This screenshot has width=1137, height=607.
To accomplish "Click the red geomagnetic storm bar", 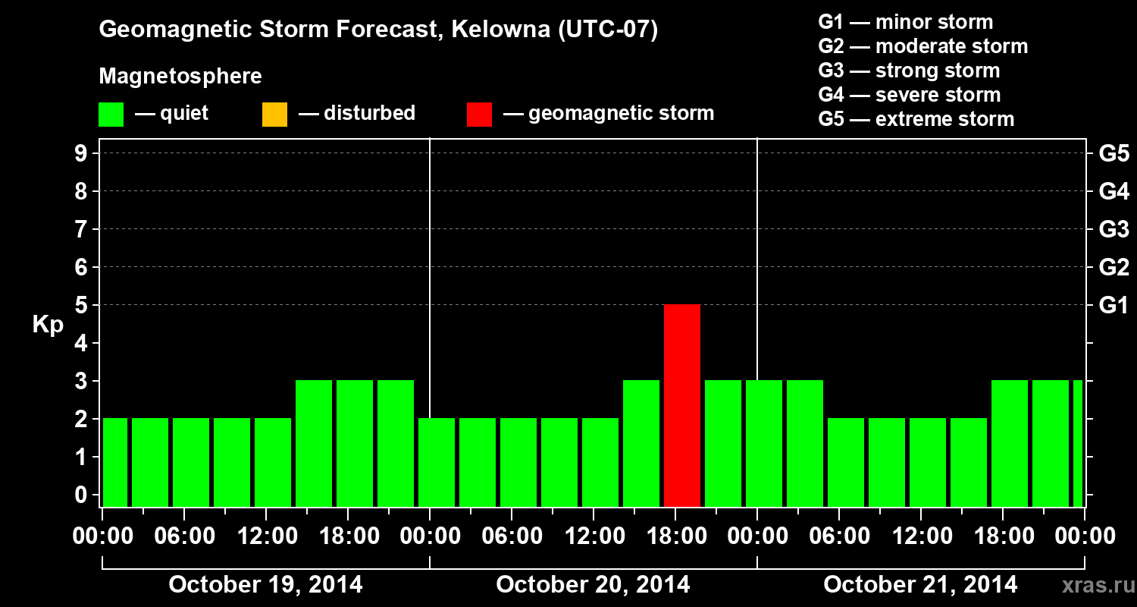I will [x=681, y=405].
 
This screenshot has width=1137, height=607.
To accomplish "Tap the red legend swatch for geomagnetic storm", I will [x=479, y=114].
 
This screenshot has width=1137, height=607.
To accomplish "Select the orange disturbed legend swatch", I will [x=274, y=114].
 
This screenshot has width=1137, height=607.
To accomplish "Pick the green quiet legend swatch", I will [x=111, y=114].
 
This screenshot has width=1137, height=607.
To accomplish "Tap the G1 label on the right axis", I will [x=1114, y=306].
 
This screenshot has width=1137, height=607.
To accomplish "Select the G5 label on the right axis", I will [x=1114, y=154].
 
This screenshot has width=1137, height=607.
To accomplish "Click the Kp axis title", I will [x=48, y=325].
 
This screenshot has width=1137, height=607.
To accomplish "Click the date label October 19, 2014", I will [x=265, y=585].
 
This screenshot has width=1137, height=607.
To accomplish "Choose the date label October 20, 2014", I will [x=593, y=585].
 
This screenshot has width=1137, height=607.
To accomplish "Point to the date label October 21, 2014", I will [x=920, y=585].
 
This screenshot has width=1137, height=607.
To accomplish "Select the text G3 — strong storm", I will [x=909, y=71].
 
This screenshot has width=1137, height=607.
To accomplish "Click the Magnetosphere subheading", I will [x=180, y=77].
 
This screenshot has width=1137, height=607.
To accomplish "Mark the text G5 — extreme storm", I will [x=916, y=119].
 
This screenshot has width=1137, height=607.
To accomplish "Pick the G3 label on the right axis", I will [x=1114, y=230].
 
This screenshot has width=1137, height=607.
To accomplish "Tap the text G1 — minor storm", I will [x=905, y=22].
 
